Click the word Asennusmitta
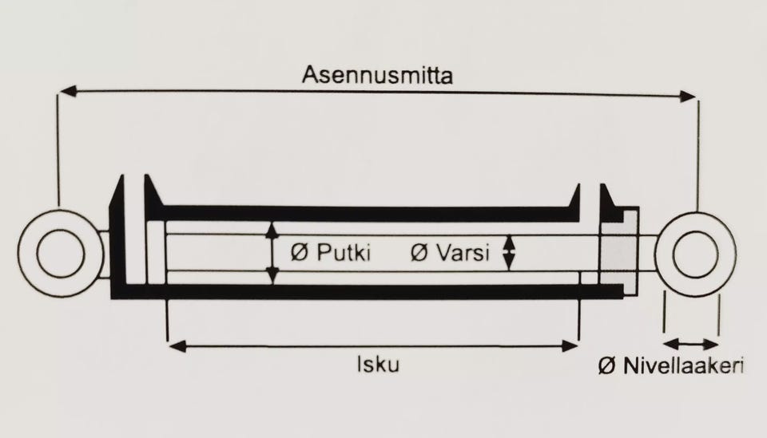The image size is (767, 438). pyautogui.click(x=377, y=75)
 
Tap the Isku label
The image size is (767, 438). pyautogui.click(x=378, y=365)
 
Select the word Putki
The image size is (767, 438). pyautogui.click(x=344, y=253)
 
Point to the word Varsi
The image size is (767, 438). pyautogui.click(x=463, y=253)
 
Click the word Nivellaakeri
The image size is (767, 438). pyautogui.click(x=683, y=365)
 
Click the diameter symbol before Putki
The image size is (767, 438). pyautogui.click(x=300, y=253)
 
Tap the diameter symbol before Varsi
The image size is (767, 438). pyautogui.click(x=419, y=253)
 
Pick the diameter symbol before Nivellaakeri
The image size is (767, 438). pyautogui.click(x=607, y=365)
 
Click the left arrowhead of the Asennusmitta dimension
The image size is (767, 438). pyautogui.click(x=68, y=91)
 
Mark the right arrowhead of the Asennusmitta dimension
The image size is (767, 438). pyautogui.click(x=687, y=96)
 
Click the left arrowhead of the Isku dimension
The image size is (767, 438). pyautogui.click(x=177, y=347)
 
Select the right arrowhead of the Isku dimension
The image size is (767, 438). pyautogui.click(x=569, y=347)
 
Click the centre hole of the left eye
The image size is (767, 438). pyautogui.click(x=61, y=253)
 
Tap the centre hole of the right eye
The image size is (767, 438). pyautogui.click(x=696, y=254)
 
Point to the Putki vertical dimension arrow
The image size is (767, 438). pyautogui.click(x=272, y=253)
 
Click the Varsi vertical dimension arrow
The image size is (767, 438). pyautogui.click(x=509, y=253)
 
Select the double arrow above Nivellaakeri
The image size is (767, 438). pyautogui.click(x=691, y=344)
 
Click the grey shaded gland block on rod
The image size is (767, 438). pyautogui.click(x=618, y=253)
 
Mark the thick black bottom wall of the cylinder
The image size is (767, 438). pyautogui.click(x=367, y=291)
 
